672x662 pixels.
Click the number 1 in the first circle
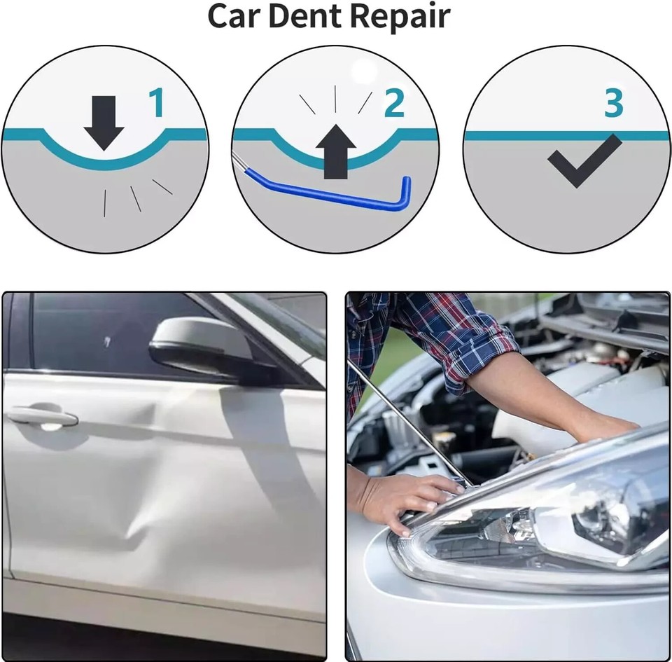156,103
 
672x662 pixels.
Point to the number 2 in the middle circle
394,103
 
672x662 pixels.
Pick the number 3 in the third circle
613,103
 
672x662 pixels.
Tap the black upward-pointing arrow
336,151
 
